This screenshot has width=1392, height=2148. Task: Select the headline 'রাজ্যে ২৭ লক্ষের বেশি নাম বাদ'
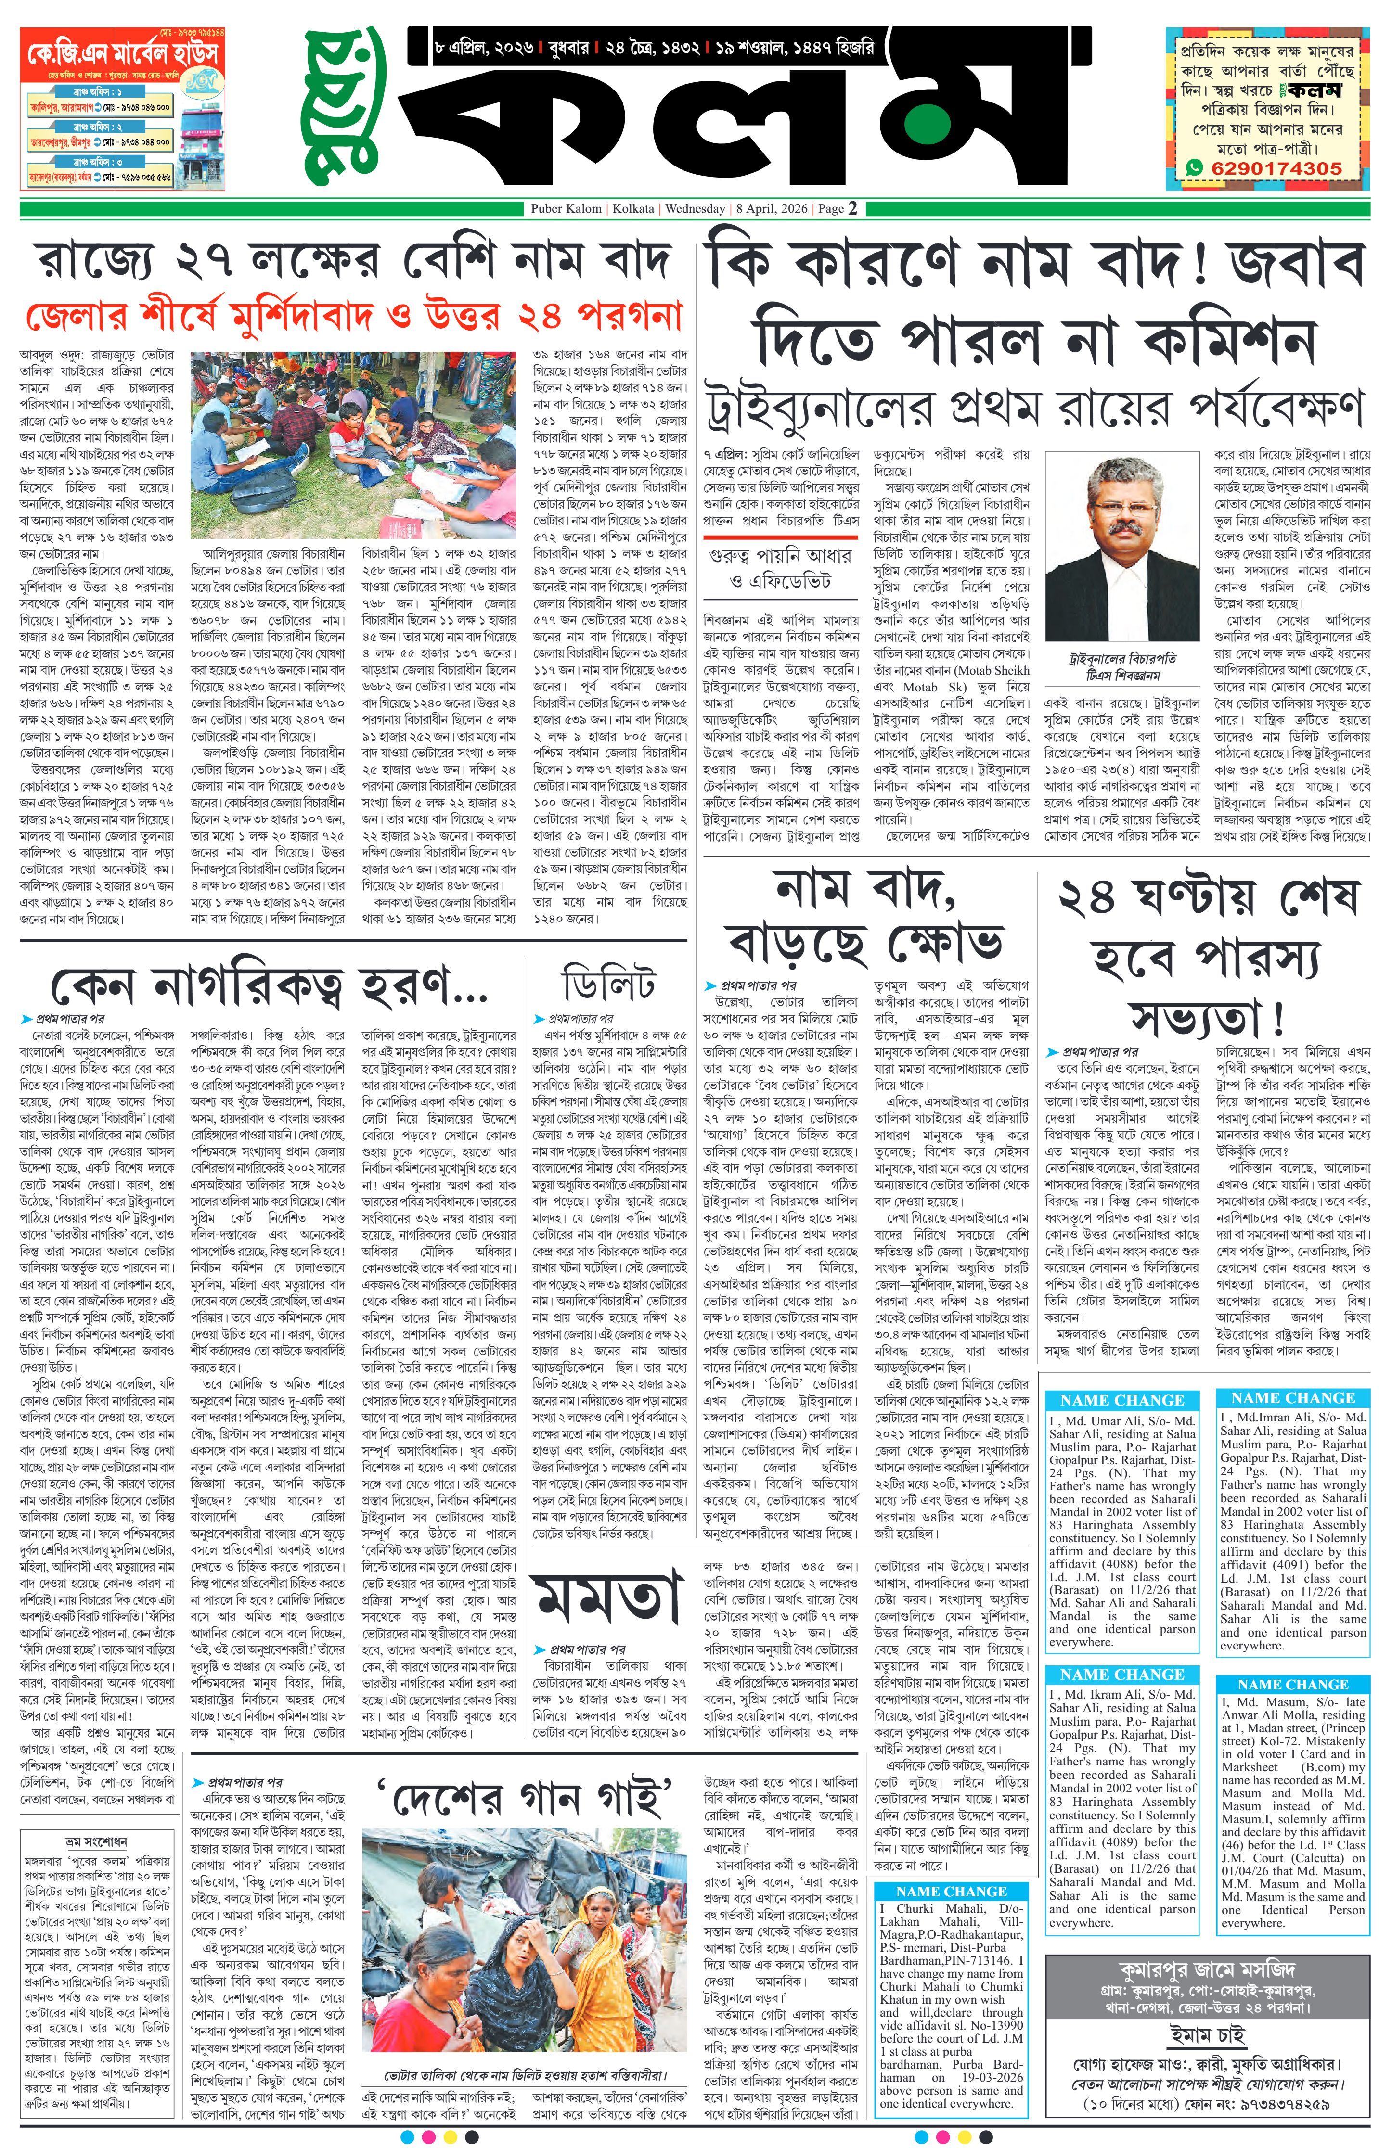(x=354, y=262)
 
